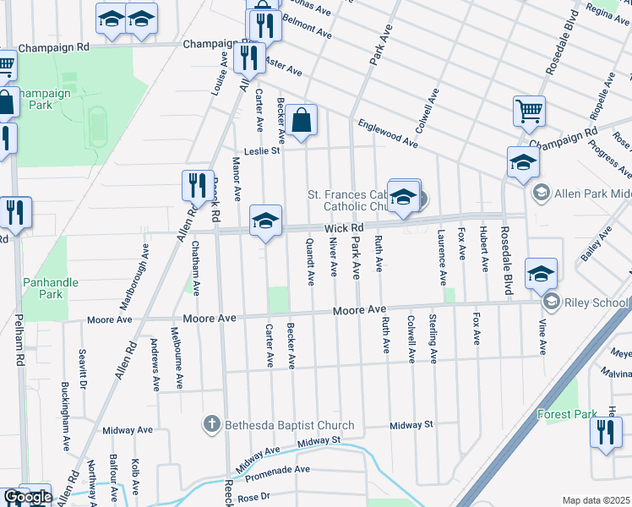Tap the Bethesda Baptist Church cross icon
pos(212,424)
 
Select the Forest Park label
pos(567,414)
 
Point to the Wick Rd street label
pos(345,228)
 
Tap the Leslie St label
pos(261,151)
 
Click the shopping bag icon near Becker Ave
pos(301,121)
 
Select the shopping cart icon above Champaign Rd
pos(528,110)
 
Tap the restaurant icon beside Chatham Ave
pos(197,185)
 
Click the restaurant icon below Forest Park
pos(606,433)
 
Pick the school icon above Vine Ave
pos(541,274)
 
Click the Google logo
pos(27,497)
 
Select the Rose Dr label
pos(253,497)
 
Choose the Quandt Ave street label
pos(310,260)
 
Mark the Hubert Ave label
pos(483,249)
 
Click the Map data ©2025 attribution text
pos(596,500)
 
